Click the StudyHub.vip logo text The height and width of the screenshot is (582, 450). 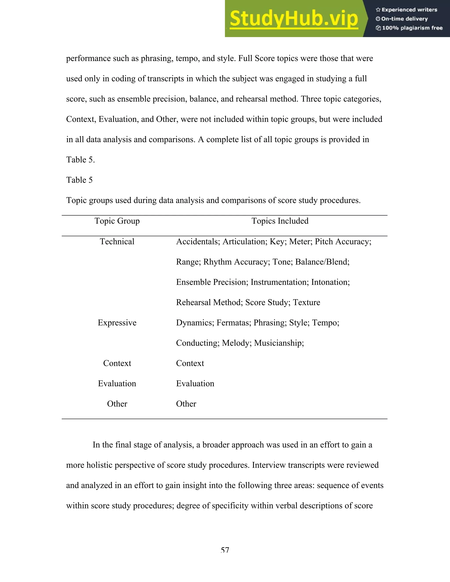(294, 19)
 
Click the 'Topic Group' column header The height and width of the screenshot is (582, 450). (117, 221)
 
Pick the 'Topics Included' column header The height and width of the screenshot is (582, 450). (280, 221)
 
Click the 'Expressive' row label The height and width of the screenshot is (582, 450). (117, 323)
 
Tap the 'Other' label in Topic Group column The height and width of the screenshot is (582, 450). (117, 404)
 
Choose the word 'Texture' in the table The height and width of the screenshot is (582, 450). (307, 302)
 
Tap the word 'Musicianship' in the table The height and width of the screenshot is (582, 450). (279, 343)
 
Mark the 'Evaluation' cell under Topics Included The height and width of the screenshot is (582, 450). (195, 383)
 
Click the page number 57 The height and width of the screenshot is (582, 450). (225, 550)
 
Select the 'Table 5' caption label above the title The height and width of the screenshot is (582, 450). (80, 180)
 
